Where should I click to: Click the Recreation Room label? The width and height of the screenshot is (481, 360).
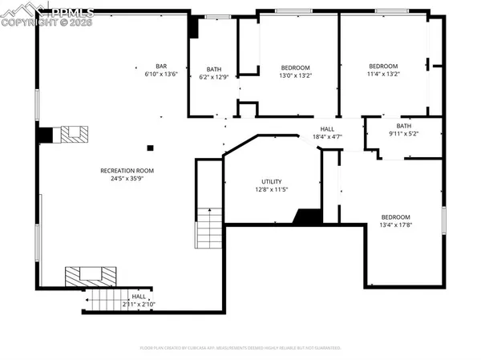point(127,171)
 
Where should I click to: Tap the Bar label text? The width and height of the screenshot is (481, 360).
point(160,66)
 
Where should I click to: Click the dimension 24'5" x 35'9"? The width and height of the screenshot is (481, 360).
point(127,180)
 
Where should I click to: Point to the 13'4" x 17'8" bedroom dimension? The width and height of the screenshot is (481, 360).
point(395,226)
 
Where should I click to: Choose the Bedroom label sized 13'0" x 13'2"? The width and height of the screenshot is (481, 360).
point(295,67)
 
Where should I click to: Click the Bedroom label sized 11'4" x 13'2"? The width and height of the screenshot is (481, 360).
point(383,66)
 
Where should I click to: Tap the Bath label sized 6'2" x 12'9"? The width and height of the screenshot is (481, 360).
point(213,69)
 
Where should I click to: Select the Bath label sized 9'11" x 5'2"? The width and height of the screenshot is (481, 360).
point(403,125)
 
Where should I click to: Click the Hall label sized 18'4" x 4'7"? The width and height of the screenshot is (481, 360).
point(327,129)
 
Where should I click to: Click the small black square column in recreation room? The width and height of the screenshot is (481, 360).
point(150,148)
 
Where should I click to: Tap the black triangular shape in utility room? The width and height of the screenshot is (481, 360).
point(307,216)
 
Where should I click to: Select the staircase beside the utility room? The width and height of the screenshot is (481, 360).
point(209,228)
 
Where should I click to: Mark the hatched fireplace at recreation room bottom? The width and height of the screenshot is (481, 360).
point(85,275)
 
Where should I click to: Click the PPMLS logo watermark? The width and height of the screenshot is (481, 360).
point(48,14)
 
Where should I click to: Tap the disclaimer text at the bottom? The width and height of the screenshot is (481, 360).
point(240,349)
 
